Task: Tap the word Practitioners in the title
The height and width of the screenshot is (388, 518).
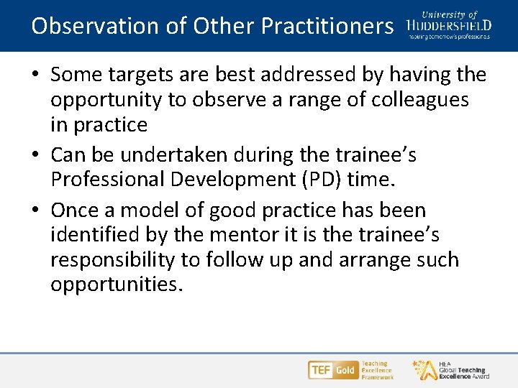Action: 327,26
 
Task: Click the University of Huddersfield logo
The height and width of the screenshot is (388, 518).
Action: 449,24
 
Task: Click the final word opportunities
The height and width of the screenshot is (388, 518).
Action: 117,285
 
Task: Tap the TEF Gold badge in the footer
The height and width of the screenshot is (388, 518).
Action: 332,370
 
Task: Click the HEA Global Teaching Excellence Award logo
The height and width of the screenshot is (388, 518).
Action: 450,369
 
